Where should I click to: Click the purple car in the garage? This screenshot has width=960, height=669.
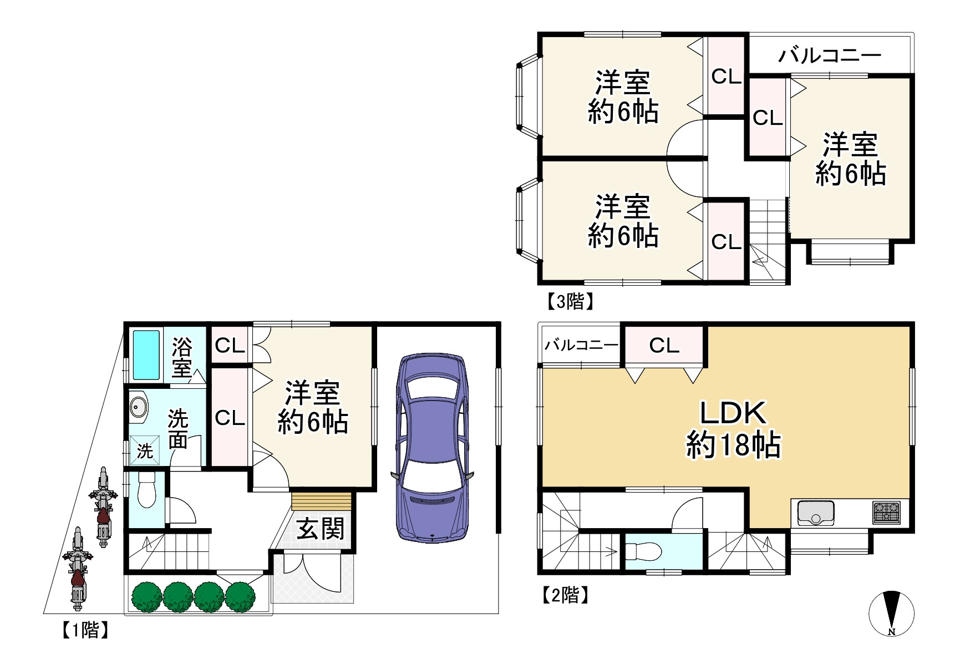[432, 448]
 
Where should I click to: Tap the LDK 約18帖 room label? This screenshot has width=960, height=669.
[733, 428]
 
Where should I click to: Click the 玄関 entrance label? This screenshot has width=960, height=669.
[320, 529]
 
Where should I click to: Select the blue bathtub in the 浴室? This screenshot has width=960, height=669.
[146, 355]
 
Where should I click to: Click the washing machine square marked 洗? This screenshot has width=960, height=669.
[145, 450]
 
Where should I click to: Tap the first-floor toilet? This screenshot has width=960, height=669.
[146, 489]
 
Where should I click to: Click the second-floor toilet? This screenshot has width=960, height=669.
[643, 551]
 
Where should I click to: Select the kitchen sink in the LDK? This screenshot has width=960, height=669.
[816, 513]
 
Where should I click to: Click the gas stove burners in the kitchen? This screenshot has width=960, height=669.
[886, 513]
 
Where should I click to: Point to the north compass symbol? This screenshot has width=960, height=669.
[891, 614]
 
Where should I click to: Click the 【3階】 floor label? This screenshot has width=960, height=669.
[570, 302]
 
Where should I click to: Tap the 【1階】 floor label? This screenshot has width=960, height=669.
[84, 630]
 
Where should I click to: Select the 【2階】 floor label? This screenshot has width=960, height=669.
[565, 595]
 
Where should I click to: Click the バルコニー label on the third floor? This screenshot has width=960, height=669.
[830, 55]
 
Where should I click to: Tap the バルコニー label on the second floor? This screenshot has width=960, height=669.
[581, 345]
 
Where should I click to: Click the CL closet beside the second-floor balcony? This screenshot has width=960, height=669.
[664, 346]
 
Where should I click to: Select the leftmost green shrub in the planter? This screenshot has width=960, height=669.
[147, 597]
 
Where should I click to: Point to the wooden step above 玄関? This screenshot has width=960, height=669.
[322, 501]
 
